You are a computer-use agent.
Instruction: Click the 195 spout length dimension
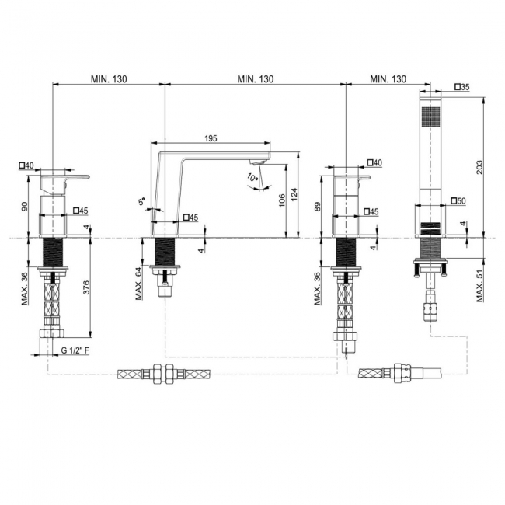[211, 138]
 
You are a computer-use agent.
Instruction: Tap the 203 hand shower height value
[479, 167]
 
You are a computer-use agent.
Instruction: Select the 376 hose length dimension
[86, 287]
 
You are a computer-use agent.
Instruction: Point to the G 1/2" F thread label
[75, 350]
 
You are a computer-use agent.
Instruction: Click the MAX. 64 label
[139, 284]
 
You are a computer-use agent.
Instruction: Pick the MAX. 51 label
[480, 286]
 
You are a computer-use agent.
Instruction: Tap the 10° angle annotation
[252, 177]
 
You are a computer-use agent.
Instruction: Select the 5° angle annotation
[141, 201]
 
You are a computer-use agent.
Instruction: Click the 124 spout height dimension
[294, 194]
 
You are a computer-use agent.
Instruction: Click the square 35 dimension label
[462, 87]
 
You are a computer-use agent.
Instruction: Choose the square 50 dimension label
[458, 201]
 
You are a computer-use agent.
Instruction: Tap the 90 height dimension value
[25, 207]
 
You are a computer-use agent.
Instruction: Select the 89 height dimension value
[317, 207]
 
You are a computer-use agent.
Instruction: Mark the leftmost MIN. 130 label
[109, 79]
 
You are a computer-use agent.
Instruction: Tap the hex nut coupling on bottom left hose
[162, 374]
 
